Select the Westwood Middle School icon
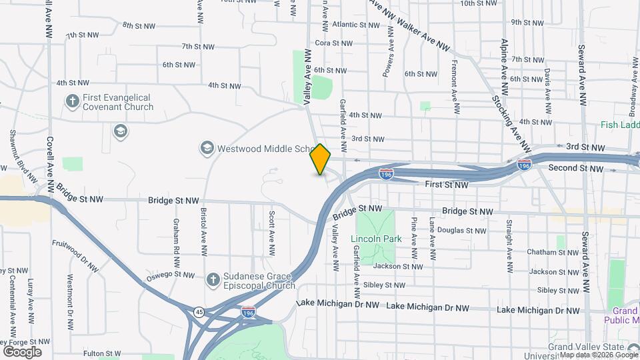tap(207, 147)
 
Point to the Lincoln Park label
tap(376, 238)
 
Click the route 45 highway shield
tap(199, 312)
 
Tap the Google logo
tap(22, 351)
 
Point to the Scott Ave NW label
tap(272, 233)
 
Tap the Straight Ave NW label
tap(509, 237)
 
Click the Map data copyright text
tap(597, 355)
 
